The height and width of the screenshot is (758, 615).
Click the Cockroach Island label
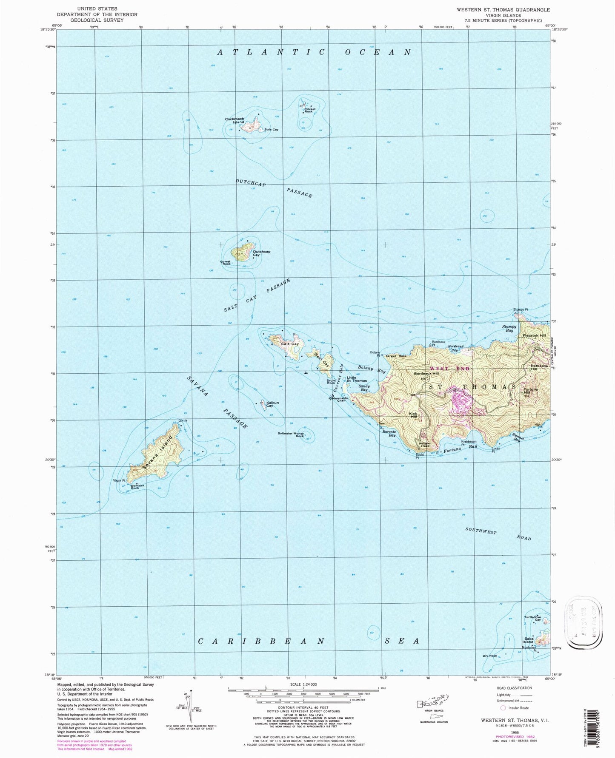235,120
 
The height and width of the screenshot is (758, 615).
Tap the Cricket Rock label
309,110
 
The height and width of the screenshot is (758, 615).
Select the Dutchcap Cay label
261,253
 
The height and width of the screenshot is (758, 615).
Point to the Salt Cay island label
290,344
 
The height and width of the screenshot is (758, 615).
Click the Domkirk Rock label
134,486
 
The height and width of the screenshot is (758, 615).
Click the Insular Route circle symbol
503,708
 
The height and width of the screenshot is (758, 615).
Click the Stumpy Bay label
509,328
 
